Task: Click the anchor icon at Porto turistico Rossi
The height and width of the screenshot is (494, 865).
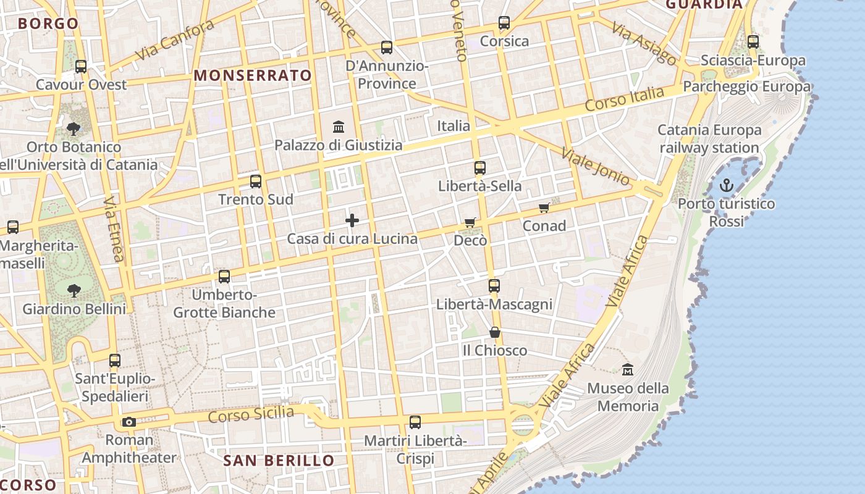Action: (727, 185)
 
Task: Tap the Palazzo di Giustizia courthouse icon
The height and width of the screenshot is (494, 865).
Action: (339, 127)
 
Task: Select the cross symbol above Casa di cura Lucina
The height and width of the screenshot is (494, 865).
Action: (352, 220)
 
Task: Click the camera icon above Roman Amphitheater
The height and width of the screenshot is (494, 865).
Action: (129, 422)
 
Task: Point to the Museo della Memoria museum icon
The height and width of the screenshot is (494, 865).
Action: (628, 370)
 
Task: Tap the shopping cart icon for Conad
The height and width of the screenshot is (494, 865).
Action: (544, 208)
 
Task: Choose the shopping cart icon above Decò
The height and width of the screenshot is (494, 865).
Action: (470, 222)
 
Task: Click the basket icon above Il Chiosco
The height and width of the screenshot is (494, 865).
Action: (495, 332)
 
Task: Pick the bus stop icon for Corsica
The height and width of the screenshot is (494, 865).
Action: (504, 23)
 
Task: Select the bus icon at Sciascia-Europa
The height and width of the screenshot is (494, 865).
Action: (753, 42)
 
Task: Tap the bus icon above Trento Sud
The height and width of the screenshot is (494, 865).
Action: (256, 182)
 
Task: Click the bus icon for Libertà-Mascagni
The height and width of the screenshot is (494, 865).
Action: (494, 286)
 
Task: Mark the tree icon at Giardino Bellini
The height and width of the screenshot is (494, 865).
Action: (74, 290)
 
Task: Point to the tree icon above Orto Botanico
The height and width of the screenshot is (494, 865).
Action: (74, 129)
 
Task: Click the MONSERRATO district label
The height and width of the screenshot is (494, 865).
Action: (253, 76)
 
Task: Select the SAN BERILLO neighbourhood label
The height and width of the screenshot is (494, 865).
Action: (279, 461)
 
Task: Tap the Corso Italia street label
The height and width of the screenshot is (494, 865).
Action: (625, 99)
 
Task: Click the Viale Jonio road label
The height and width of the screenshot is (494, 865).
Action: (596, 166)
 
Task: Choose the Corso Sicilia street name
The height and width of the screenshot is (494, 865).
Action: (251, 414)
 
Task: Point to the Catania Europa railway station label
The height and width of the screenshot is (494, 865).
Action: (709, 139)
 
